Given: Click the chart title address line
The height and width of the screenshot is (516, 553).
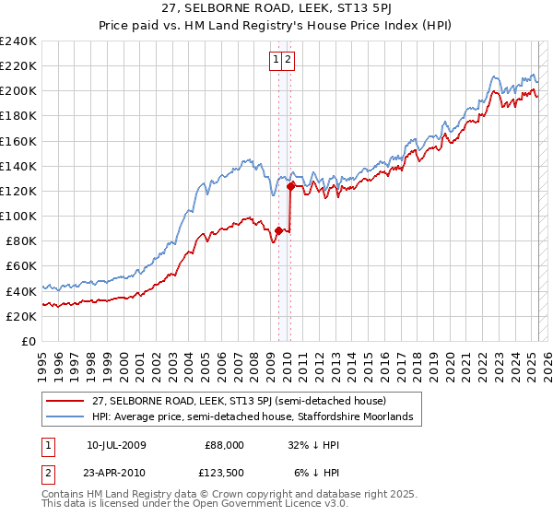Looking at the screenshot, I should coord(276,8).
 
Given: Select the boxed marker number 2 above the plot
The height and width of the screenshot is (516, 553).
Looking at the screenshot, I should coord(288,60).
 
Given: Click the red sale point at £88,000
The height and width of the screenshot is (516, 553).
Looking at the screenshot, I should coord(279,230).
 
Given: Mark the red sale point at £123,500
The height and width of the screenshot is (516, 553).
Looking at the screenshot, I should coord(291,186).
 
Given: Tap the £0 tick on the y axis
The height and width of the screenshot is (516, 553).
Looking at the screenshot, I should coord(29,341).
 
